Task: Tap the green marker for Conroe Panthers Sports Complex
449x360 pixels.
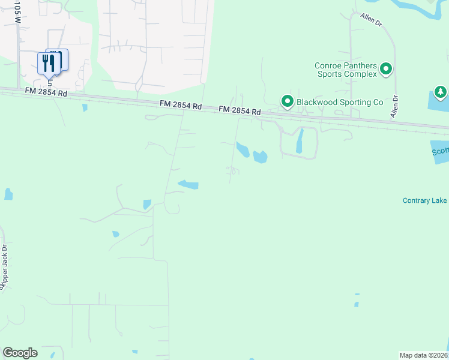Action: [x=386, y=70]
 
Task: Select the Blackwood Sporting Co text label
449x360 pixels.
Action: [x=339, y=102]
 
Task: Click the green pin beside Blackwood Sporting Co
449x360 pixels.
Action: [x=287, y=101]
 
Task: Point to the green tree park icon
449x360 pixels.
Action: [x=441, y=92]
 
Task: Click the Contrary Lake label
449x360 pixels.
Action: [x=424, y=200]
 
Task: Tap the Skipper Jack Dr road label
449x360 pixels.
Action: [x=4, y=266]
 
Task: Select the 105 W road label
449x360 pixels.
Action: [x=17, y=12]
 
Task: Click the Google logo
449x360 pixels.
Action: [x=20, y=353]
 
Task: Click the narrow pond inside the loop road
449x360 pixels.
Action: [x=300, y=141]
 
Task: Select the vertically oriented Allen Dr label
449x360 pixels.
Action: [x=394, y=106]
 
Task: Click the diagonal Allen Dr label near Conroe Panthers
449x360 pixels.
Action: [x=371, y=19]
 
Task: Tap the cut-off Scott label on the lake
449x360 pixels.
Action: [x=441, y=152]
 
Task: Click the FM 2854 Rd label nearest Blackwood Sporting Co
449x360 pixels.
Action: [x=240, y=110]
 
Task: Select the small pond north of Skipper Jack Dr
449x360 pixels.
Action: [x=8, y=194]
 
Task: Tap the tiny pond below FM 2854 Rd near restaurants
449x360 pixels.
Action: [x=85, y=107]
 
